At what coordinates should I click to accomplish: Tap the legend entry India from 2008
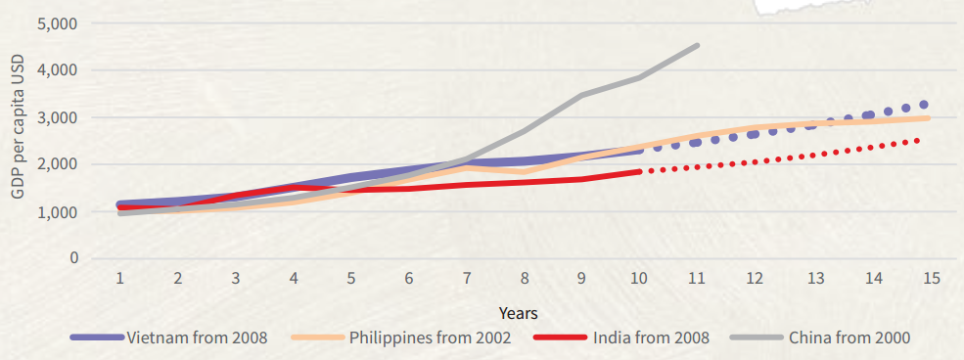(650, 338)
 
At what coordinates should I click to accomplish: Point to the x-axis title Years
(518, 313)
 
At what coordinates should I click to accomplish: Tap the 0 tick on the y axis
(73, 258)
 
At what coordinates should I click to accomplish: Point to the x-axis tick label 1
(119, 279)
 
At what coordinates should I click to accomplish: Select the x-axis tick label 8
(525, 279)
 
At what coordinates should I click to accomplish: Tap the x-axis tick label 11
(698, 279)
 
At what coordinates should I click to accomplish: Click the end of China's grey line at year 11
(697, 45)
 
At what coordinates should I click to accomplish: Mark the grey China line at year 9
(582, 95)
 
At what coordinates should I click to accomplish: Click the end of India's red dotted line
(917, 140)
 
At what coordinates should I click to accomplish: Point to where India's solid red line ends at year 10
(639, 171)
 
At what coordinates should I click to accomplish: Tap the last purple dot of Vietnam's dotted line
(923, 105)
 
